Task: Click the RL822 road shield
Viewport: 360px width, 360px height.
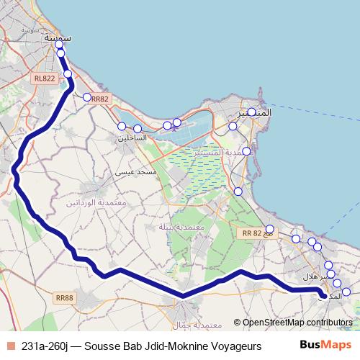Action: [x=44, y=78]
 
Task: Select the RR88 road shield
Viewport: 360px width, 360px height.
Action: [x=65, y=297]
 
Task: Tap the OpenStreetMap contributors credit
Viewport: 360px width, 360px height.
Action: [x=297, y=323]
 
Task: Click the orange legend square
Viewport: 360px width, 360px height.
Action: [x=9, y=346]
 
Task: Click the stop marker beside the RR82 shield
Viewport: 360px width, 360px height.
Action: [x=86, y=97]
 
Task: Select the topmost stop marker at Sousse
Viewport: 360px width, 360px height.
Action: [x=59, y=45]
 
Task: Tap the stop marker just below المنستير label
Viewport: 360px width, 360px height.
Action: [x=233, y=127]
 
